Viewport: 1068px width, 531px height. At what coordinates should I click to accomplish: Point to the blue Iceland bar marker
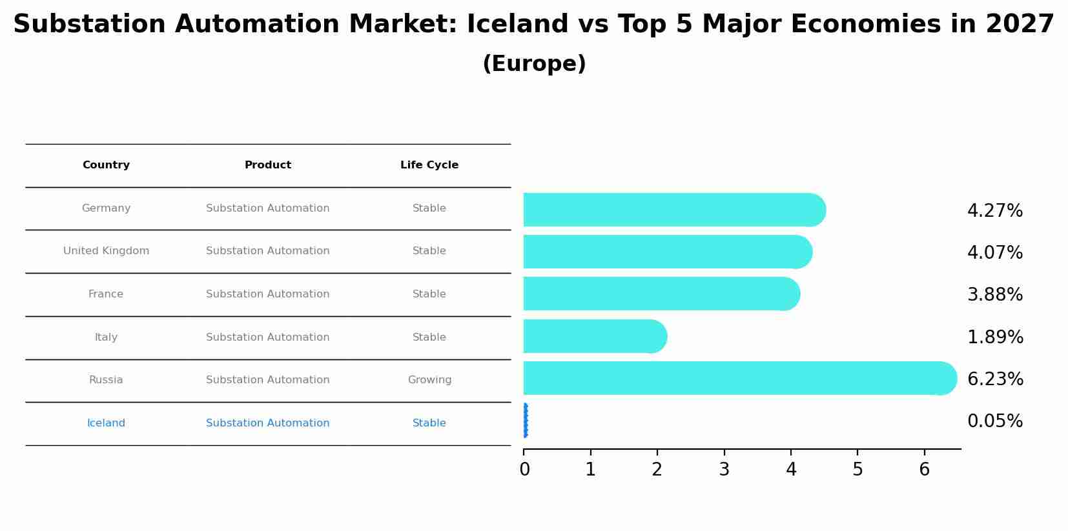click(525, 421)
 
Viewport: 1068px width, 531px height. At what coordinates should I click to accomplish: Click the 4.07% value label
click(994, 253)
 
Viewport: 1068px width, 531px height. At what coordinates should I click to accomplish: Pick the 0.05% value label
click(994, 421)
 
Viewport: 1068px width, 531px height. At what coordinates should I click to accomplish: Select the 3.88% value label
click(994, 295)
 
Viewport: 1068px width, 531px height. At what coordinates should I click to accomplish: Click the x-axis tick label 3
click(724, 470)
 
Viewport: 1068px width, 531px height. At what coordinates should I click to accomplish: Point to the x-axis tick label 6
click(924, 470)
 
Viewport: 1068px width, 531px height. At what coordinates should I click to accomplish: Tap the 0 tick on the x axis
click(524, 470)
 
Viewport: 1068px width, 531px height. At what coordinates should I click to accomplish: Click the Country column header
click(106, 165)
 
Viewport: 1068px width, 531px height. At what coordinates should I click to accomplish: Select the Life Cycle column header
click(429, 165)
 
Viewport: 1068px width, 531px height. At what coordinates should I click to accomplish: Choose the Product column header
click(267, 165)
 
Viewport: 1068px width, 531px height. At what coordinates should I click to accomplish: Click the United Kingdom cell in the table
click(106, 251)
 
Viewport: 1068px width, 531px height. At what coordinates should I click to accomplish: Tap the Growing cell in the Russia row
click(429, 380)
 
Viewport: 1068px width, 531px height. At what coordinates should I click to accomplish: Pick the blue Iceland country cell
click(106, 423)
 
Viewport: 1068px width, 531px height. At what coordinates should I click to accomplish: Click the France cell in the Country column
click(106, 294)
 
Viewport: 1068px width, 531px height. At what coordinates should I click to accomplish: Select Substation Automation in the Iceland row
click(267, 423)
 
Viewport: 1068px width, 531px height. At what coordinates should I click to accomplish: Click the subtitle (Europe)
click(534, 64)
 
